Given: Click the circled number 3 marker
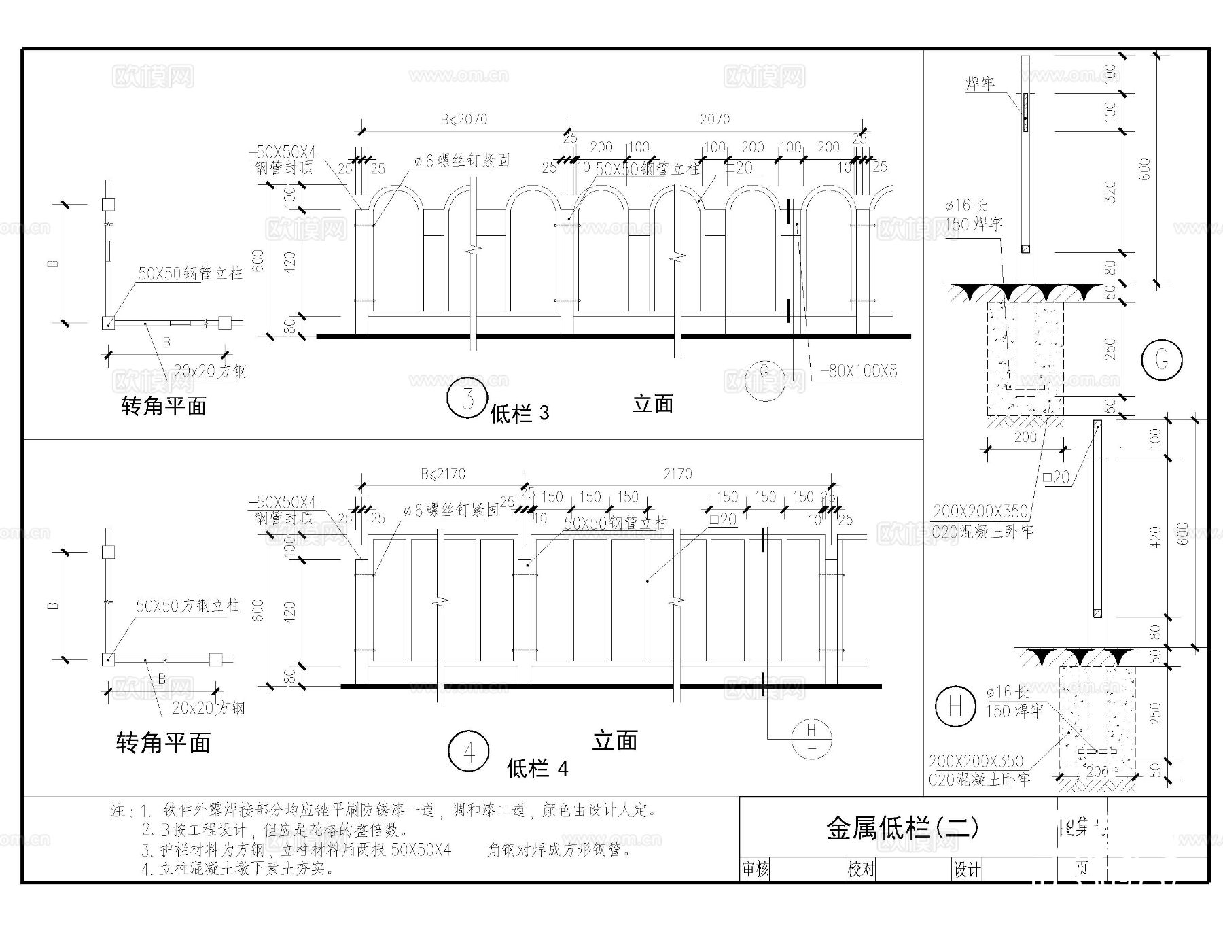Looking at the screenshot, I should coord(467,398).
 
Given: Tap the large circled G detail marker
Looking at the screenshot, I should coord(1161,359).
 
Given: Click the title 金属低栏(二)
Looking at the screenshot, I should coord(902,827).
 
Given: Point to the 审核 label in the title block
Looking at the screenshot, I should coord(756,869).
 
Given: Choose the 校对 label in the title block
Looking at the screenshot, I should coord(861,869).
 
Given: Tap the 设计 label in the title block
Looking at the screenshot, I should coord(967,869).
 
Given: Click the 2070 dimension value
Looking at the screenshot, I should coord(715,120).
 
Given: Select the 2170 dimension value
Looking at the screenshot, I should coord(677,474).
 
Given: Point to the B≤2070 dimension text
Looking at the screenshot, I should coord(464,120).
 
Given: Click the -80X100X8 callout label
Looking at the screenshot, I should coord(859,371).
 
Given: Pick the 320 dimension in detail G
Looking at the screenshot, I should coord(1110,192).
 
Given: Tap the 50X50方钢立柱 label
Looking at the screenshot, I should coord(188,605).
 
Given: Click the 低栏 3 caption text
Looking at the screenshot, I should coord(520,413).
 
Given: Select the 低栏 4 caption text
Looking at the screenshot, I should coord(537,769).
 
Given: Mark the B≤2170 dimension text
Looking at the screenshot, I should coord(443,474).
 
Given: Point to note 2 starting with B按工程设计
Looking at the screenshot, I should coord(275,829).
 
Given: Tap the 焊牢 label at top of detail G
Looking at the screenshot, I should coord(980,83).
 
